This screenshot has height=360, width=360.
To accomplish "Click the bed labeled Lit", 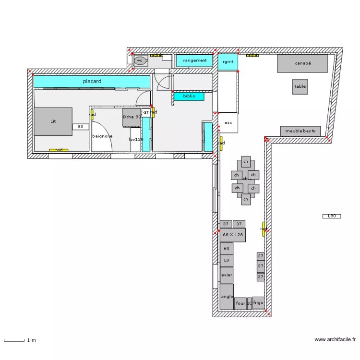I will point(53,121).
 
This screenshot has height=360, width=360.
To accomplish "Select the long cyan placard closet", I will point(92,82).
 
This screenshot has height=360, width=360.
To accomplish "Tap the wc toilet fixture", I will point(140,60).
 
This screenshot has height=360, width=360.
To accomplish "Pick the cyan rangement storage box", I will point(194,60).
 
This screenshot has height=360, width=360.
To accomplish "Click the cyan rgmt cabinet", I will point(228,62).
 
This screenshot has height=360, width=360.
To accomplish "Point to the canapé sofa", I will point(302,63).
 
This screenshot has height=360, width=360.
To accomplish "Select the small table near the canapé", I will point(300,86).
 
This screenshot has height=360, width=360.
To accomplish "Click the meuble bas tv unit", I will point(300,131).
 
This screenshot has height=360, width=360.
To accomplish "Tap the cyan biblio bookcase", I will point(189,96).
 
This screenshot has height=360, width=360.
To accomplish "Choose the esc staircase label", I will point(228,123).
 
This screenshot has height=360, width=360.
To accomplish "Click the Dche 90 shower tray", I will point(132,117).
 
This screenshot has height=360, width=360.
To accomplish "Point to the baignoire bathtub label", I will point(102,136).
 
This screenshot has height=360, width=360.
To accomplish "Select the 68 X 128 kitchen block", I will point(233,235).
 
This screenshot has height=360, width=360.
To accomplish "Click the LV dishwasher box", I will point(227,261).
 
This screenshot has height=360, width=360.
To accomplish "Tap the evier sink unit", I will point(227,275).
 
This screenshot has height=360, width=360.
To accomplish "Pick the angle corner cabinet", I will point(227,297).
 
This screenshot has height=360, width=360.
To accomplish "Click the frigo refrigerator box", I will point(258,302).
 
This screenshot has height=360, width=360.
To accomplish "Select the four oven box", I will point(240,303).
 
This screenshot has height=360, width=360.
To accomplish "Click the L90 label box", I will point(331,216).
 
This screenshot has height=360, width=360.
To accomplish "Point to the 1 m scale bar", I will point(14,341).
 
